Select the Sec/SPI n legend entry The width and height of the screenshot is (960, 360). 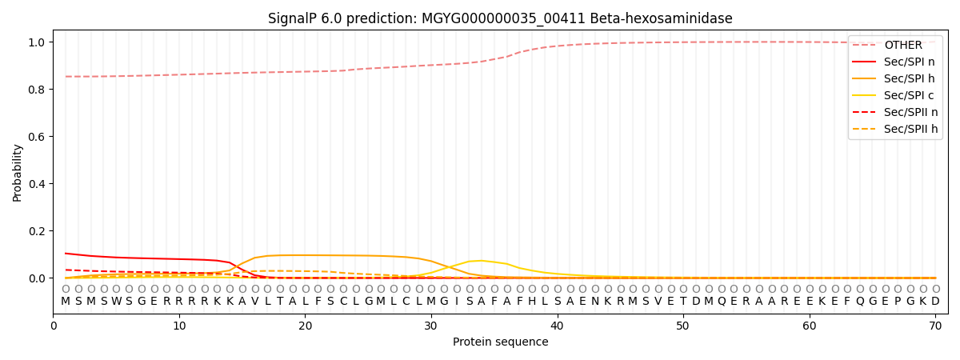click(893, 62)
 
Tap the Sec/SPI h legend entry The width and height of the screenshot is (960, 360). click(893, 78)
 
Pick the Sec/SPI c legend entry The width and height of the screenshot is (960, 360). click(893, 95)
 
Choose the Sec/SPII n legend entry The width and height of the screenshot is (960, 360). click(895, 112)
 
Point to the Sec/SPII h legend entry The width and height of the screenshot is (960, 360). click(895, 129)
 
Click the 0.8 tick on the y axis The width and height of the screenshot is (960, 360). click(37, 89)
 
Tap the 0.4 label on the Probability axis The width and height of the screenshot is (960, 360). click(37, 184)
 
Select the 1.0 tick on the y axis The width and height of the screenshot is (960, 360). click(37, 42)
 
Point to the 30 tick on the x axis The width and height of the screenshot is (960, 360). click(431, 326)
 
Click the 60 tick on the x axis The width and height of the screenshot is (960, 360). click(810, 326)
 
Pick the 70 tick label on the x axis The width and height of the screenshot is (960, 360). click(935, 326)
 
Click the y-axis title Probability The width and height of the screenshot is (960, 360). click(17, 173)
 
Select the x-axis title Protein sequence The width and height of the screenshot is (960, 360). click(501, 342)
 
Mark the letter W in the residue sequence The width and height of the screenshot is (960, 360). click(117, 302)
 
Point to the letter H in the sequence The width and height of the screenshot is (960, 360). click(532, 302)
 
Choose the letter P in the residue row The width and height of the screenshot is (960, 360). click(898, 302)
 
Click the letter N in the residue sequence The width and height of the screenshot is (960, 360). click(595, 302)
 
